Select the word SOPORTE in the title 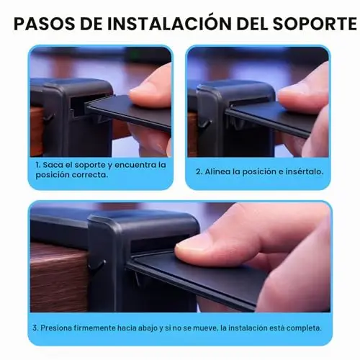click(x=315, y=24)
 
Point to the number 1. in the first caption click(x=38, y=165)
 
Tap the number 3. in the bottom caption click(x=35, y=328)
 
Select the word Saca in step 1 click(x=50, y=165)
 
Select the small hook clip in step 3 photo click(x=96, y=266)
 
